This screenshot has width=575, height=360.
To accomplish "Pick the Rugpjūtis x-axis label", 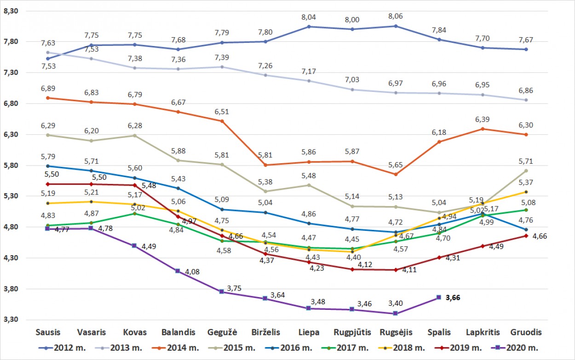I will click(352, 332).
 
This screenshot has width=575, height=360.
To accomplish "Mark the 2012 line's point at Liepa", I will click(309, 27).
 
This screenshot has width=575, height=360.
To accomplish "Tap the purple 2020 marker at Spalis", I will click(439, 297).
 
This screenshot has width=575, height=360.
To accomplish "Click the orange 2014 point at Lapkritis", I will click(483, 129).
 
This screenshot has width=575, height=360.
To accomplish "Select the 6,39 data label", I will click(483, 120).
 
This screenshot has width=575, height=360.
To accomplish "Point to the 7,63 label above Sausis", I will click(48, 43).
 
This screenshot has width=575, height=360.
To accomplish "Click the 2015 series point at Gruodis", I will click(526, 171).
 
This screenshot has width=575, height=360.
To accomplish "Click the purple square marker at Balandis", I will click(178, 271).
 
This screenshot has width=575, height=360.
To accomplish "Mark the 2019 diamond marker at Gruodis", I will click(526, 236).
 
